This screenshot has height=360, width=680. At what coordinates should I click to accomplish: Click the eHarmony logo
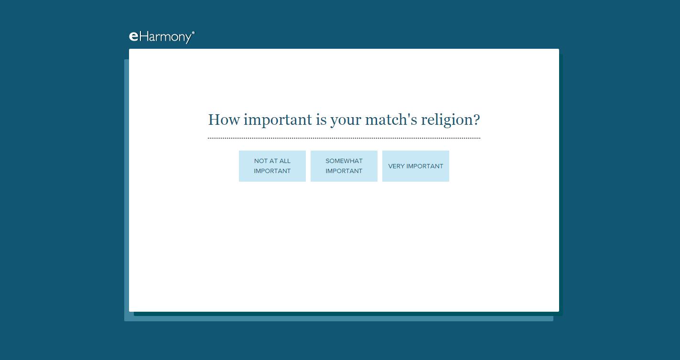click(x=162, y=37)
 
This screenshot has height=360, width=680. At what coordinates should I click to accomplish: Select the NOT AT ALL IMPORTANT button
click(x=272, y=166)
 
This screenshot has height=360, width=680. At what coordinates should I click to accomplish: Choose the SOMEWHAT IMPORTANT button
click(x=344, y=166)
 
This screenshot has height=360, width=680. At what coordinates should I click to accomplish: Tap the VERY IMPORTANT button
click(x=416, y=166)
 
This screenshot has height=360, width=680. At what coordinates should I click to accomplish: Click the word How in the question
click(x=224, y=120)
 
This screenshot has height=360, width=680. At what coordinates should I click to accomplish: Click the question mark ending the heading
click(x=476, y=120)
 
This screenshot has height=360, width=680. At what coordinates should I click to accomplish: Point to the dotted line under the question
click(x=344, y=138)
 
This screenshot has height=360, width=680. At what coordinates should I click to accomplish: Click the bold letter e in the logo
click(x=134, y=37)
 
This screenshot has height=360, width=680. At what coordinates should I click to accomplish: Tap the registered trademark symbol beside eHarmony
click(x=194, y=32)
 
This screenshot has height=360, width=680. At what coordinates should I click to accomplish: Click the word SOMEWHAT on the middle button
click(x=344, y=161)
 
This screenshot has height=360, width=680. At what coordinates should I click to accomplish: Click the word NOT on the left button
click(x=261, y=161)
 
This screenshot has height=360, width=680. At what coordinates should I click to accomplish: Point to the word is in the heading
click(x=321, y=120)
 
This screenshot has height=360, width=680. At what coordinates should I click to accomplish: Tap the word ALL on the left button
click(x=285, y=161)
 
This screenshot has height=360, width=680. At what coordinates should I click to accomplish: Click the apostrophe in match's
click(x=409, y=115)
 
